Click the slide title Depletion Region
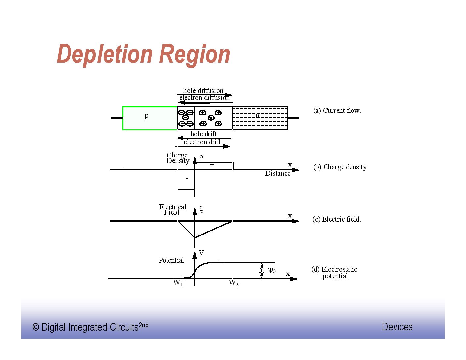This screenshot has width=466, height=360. (x=143, y=54)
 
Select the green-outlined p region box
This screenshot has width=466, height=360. (x=150, y=118)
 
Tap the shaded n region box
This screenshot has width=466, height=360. (x=260, y=118)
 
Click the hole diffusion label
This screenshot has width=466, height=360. (x=203, y=91)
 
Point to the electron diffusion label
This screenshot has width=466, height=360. (x=204, y=98)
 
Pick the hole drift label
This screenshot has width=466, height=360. (x=203, y=134)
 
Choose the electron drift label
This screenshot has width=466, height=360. (x=202, y=142)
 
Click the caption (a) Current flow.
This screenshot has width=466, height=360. (x=337, y=111)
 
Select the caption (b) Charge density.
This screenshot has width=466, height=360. (x=341, y=167)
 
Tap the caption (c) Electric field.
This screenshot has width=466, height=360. (x=337, y=219)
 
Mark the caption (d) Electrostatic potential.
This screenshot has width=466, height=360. (x=334, y=273)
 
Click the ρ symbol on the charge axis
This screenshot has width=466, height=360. (x=201, y=157)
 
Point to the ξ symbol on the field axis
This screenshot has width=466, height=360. (x=201, y=209)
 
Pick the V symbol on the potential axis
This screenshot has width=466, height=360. (x=201, y=253)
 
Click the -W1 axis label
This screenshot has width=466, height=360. (x=177, y=283)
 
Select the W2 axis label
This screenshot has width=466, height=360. (x=234, y=283)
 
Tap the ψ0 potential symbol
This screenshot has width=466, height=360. (x=272, y=271)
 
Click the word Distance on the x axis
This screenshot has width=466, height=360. (x=278, y=173)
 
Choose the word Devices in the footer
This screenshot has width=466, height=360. (x=397, y=327)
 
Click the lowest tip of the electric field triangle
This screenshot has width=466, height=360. (x=195, y=237)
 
